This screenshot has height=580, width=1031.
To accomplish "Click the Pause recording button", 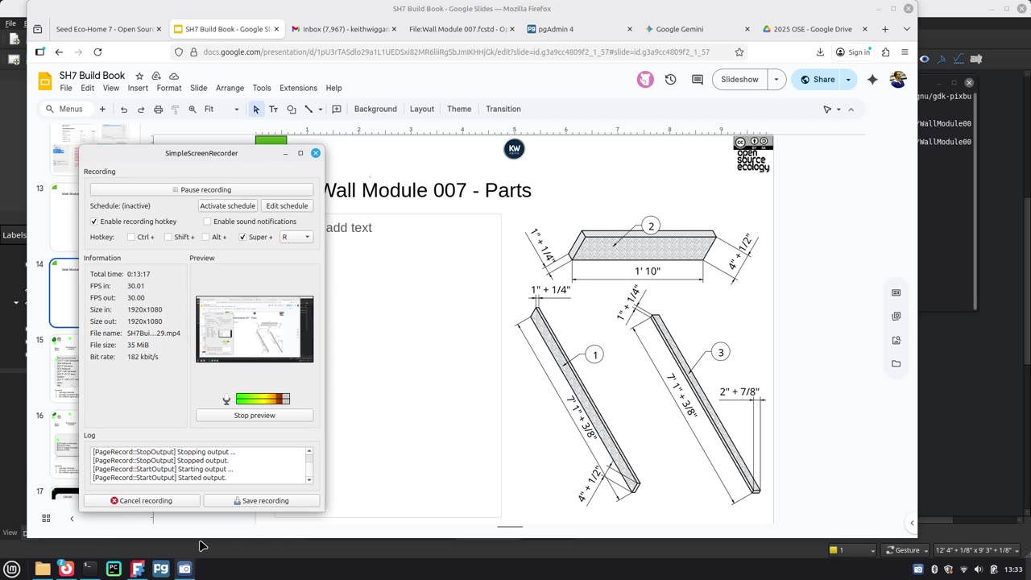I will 201,189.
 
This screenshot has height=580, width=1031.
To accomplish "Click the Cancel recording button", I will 142,500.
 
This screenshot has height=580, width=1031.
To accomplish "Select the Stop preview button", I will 254,415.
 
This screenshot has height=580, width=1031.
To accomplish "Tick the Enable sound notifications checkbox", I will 208,222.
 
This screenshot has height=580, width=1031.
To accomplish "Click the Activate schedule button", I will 227,205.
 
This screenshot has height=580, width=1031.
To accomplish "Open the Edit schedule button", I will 287,205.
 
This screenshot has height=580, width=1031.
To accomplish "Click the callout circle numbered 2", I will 651,226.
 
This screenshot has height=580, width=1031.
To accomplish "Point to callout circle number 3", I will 720,352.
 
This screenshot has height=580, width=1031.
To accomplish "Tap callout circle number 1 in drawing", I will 594,354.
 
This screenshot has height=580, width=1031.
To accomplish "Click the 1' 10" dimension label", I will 647,271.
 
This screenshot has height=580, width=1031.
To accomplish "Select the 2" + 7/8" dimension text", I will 739,392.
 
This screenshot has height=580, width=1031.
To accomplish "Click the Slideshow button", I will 739,79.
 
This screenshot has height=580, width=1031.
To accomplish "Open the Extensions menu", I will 298,88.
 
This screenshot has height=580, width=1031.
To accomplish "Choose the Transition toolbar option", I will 503,109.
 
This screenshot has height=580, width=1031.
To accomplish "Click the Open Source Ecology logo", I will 752,154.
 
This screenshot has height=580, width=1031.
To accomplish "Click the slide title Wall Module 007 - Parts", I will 427,190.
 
